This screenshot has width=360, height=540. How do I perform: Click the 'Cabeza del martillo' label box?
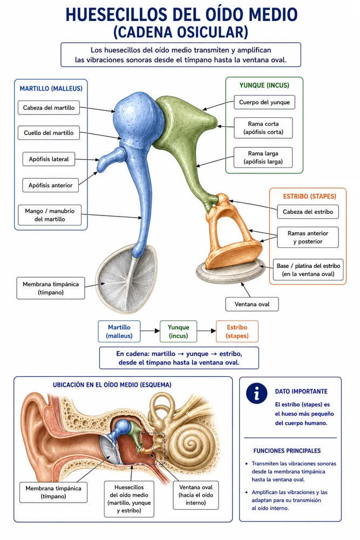pyautogui.click(x=49, y=108)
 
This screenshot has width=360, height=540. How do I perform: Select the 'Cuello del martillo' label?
pyautogui.click(x=49, y=133)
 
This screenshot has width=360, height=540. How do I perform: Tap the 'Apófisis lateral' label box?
pyautogui.click(x=49, y=159)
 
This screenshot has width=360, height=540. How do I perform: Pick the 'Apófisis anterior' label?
pyautogui.click(x=51, y=185)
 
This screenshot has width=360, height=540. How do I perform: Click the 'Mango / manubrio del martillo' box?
pyautogui.click(x=50, y=215)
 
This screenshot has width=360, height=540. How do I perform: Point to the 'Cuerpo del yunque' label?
pyautogui.click(x=264, y=102)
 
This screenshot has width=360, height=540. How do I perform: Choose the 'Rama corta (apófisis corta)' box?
pyautogui.click(x=263, y=128)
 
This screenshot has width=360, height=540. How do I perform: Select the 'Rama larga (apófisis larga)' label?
pyautogui.click(x=263, y=157)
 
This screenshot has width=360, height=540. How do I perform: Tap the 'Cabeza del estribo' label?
pyautogui.click(x=308, y=212)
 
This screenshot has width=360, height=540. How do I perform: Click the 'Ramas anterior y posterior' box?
pyautogui.click(x=308, y=237)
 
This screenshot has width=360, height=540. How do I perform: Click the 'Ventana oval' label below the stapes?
pyautogui.click(x=252, y=304)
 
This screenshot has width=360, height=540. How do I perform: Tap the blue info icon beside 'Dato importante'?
pyautogui.click(x=257, y=393)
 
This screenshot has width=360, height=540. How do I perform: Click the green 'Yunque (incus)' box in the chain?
pyautogui.click(x=178, y=332)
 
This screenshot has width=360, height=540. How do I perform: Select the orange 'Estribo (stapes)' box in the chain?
pyautogui.click(x=237, y=332)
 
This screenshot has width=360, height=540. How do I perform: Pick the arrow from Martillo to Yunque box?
pyautogui.click(x=150, y=331)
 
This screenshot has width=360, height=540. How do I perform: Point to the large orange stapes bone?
pyautogui.click(x=232, y=234)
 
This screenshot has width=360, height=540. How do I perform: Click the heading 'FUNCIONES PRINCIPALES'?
pyautogui.click(x=287, y=451)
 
